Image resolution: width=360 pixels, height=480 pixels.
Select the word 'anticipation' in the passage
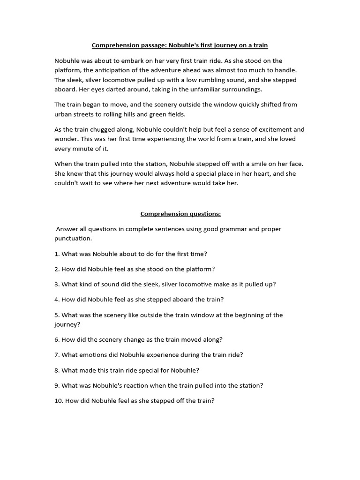pos(104,70)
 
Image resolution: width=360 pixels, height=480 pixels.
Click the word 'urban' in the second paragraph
pos(64,114)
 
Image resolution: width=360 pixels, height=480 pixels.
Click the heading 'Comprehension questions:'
pos(180,214)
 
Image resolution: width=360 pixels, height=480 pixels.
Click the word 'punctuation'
pos(73,239)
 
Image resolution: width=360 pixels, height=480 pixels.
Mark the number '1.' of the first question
pos(57,254)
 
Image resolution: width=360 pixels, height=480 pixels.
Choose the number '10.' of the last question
pos(59,401)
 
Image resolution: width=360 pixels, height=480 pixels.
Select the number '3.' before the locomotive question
pos(57,285)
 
